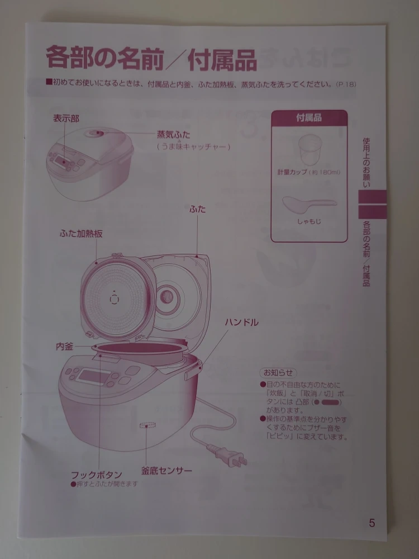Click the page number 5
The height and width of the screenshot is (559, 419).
pos(372,523)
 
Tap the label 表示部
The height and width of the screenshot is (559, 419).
pos(66,119)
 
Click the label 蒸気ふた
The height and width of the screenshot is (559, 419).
pos(174,135)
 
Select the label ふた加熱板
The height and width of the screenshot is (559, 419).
pos(81,234)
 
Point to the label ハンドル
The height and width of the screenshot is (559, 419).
pos(241,323)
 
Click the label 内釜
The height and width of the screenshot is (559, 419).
pos(64,346)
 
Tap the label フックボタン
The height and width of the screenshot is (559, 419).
pos(96,475)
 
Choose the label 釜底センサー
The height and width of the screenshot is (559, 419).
pos(166,471)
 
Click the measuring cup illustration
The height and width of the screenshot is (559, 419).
pos(310,149)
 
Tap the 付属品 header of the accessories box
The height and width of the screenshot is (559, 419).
pos(309,117)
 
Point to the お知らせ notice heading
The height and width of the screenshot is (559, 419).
pos(278,372)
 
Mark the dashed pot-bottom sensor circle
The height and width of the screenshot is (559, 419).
pos(147,425)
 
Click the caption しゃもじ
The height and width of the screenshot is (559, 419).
pos(310,221)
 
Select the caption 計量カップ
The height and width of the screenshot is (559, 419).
pos(292,172)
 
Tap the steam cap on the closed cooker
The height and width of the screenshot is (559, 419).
pos(94,134)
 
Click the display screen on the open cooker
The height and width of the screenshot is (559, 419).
pos(93,376)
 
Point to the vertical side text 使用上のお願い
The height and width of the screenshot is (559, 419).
pos(366,163)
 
